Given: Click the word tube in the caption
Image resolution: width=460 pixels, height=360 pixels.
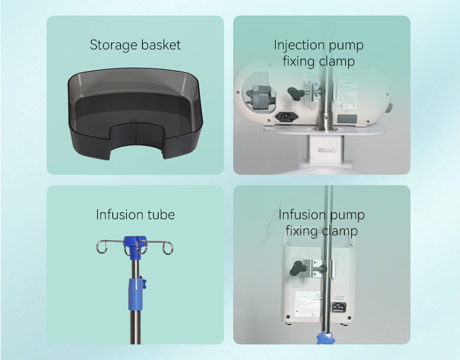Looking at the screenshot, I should click(x=160, y=215).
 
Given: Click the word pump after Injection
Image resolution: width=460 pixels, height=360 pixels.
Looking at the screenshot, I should click(x=347, y=45).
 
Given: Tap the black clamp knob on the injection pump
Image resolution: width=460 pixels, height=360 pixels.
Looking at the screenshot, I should click(x=298, y=95).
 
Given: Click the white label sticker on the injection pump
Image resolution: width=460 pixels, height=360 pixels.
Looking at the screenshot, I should click(x=347, y=94).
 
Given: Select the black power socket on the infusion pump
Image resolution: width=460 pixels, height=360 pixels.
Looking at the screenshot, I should click(x=340, y=307).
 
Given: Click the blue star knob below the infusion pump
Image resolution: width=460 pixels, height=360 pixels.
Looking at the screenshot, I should click(x=325, y=338).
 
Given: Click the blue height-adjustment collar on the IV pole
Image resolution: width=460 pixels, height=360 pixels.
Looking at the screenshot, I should click(x=134, y=290).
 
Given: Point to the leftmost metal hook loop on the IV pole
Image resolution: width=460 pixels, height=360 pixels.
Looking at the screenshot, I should click(x=101, y=249).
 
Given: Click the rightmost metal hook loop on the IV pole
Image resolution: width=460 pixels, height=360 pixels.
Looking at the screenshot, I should click(x=167, y=249).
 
